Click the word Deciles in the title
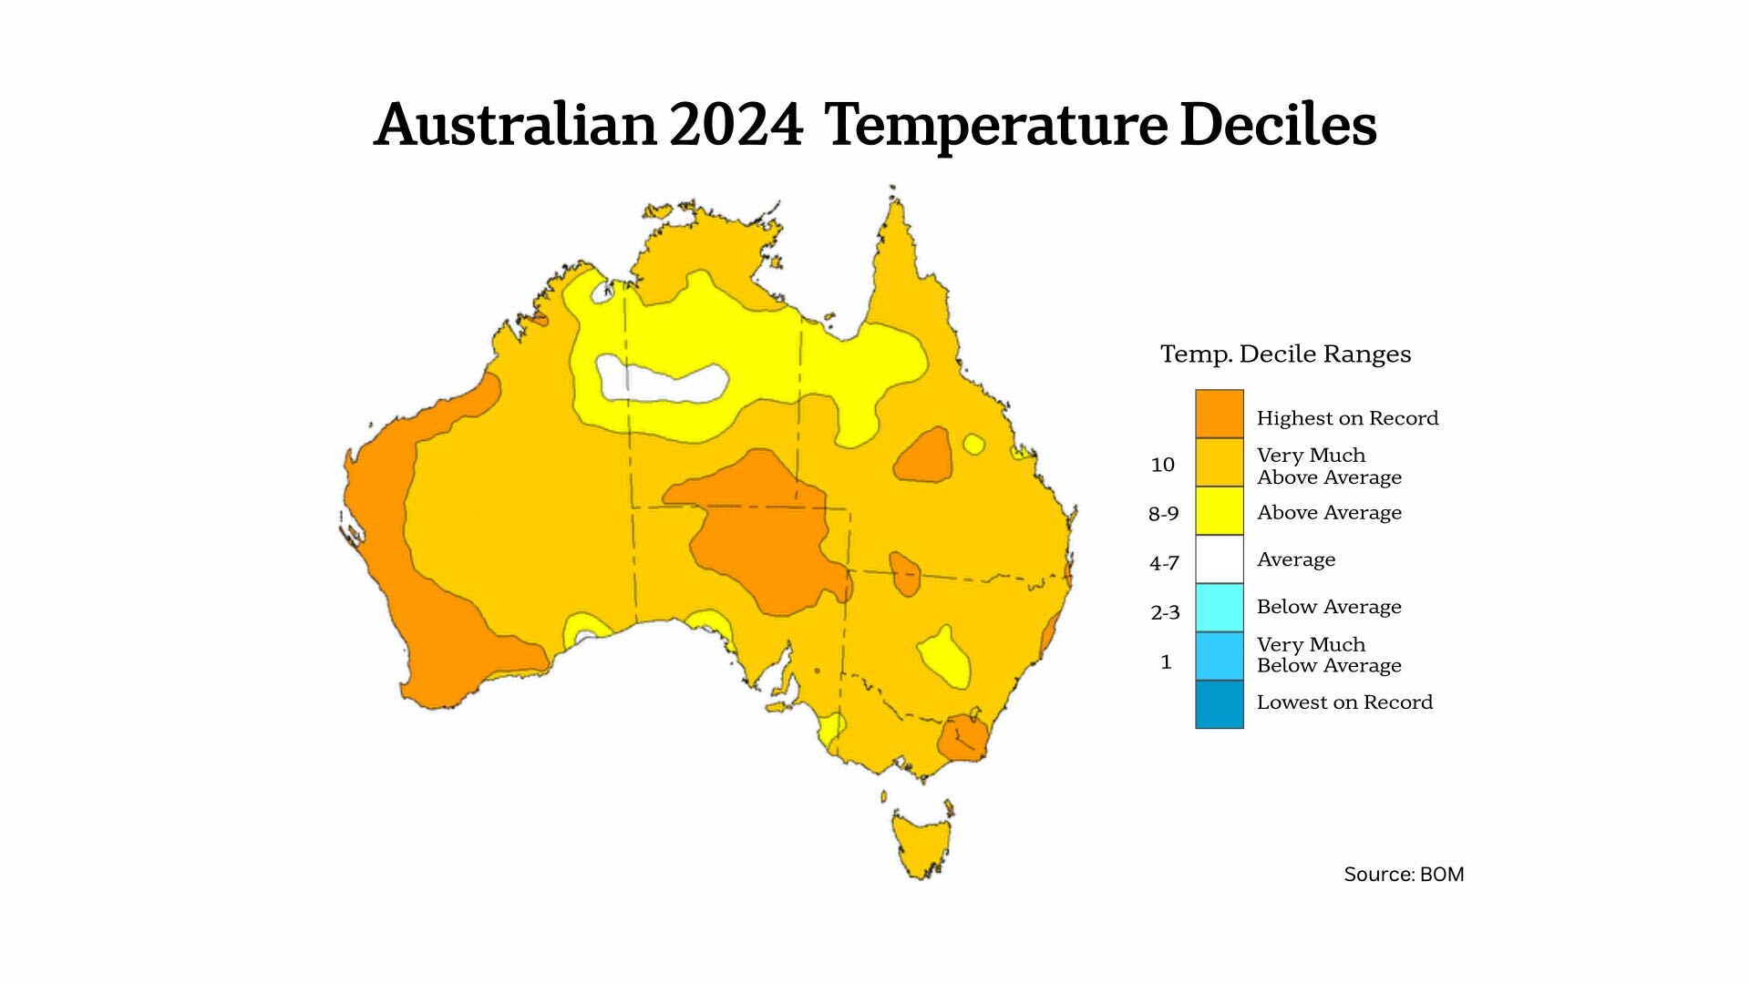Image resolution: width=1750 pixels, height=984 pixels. [x=1278, y=125]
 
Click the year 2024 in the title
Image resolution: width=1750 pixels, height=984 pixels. [x=736, y=125]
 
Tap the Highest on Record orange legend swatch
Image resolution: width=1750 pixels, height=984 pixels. [x=1219, y=414]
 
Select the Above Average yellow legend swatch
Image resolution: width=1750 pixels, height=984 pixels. [x=1219, y=510]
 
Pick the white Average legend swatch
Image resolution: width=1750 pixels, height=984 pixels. [x=1219, y=559]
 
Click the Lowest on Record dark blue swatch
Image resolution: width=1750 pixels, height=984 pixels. [x=1219, y=704]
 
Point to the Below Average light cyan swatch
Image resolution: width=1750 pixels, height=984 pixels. [x=1219, y=607]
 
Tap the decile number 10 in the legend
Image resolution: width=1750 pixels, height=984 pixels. [x=1162, y=465]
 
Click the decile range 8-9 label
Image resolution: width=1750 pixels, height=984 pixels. [x=1163, y=514]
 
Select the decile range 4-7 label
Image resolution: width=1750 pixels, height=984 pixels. [x=1164, y=563]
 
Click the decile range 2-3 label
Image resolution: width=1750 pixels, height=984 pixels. [x=1165, y=612]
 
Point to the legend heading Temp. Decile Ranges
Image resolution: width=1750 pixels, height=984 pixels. [x=1285, y=354]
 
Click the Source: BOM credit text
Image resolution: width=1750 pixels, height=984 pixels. [x=1404, y=875]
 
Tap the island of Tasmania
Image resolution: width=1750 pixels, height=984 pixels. [x=921, y=843]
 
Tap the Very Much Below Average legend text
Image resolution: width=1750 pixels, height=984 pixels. [x=1328, y=655]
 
